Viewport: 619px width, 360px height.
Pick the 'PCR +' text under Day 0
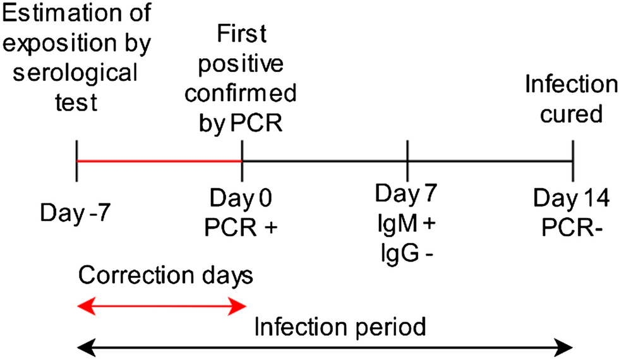(x=241, y=224)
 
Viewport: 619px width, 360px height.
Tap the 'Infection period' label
(x=341, y=328)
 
